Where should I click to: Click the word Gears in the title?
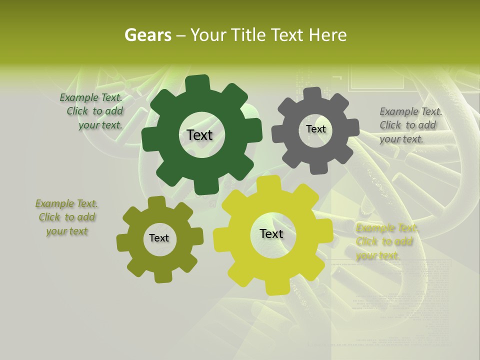[148, 35]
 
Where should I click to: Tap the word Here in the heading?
[327, 35]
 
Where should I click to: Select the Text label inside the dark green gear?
[199, 135]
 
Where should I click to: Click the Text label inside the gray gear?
[315, 129]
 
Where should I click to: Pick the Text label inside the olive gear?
[159, 238]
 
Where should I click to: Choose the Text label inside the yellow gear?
[271, 234]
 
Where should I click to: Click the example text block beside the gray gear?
[410, 125]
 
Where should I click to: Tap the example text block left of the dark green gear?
[92, 111]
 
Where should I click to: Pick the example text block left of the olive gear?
[67, 217]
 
